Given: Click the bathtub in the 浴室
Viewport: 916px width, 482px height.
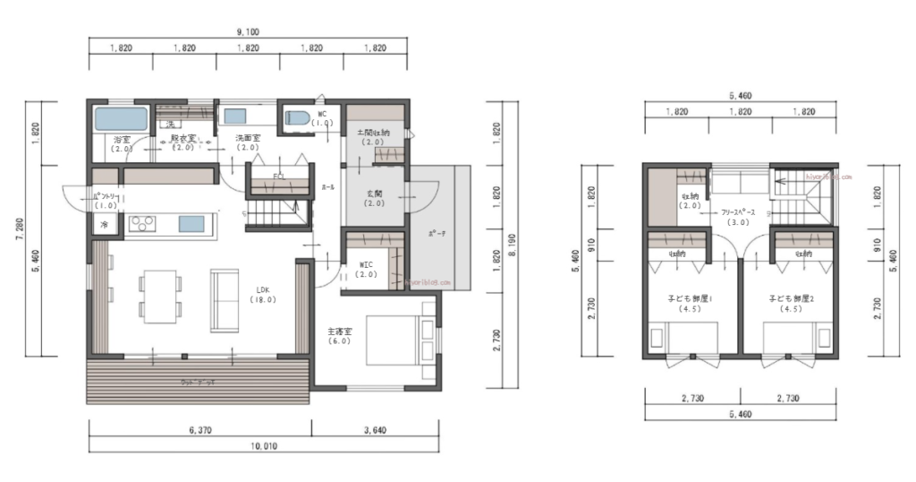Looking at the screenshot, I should click(121, 119).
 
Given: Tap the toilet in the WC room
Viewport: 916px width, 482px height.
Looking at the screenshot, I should click(297, 118).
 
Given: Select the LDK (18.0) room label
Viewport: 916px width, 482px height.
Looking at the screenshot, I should click(263, 295).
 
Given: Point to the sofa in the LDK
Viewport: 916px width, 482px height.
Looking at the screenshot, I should click(224, 297).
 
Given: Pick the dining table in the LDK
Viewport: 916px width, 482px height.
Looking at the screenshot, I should click(159, 296).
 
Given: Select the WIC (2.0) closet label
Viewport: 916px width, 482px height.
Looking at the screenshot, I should click(366, 270).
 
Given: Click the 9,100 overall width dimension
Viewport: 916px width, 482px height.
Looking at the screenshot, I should click(248, 32).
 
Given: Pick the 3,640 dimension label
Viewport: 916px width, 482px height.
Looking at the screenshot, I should click(374, 431).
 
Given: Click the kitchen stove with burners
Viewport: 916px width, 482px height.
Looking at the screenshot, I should click(142, 222).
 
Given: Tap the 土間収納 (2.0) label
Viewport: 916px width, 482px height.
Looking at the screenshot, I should click(373, 137).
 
